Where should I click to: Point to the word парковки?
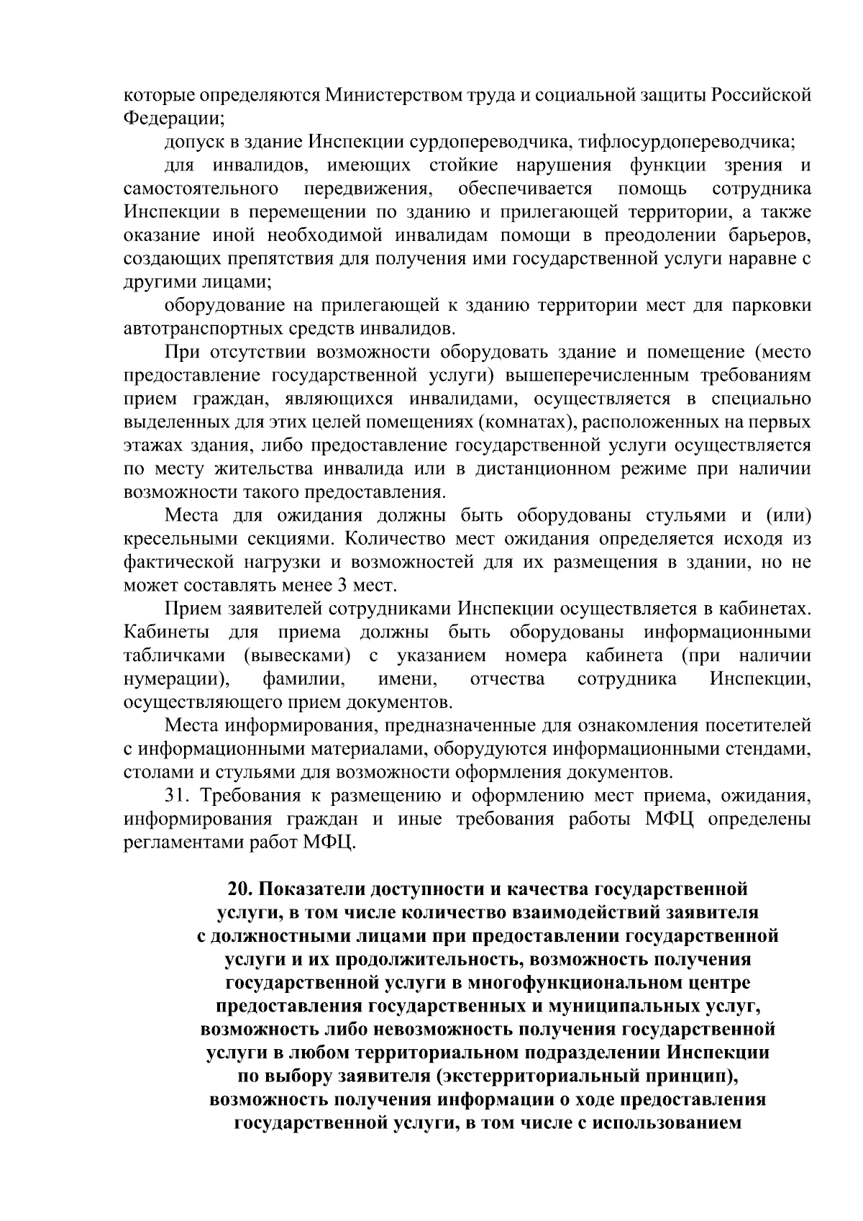coord(772,306)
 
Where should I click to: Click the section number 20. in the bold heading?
coord(240,890)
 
